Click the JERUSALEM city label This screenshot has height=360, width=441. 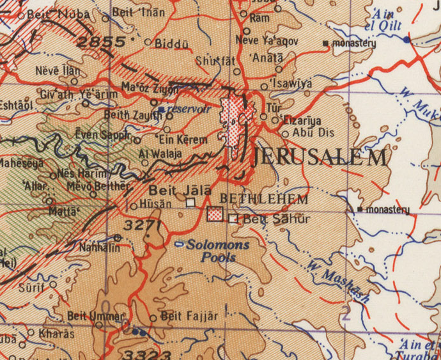319,157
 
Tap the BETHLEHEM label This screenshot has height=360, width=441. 264,200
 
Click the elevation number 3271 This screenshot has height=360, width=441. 141,225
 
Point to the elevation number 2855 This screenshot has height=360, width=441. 101,42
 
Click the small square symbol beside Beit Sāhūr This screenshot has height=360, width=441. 233,219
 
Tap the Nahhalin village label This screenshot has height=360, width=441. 99,247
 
